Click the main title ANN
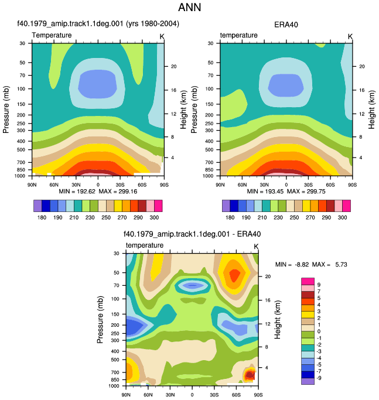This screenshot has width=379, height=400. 189,7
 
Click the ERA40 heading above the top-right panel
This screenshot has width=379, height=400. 286,25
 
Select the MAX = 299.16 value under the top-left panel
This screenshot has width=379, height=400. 118,192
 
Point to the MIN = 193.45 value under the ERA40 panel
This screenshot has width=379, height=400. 265,192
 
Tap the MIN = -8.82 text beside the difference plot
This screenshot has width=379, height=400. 292,265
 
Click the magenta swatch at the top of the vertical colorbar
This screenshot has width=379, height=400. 308,281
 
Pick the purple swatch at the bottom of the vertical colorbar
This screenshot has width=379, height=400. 308,381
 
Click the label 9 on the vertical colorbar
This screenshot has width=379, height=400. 319,285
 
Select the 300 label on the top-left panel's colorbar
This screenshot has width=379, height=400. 154,217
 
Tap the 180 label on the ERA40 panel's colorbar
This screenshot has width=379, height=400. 230,217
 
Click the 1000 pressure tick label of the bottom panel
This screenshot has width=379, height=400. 114,386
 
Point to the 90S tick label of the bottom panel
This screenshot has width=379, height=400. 258,395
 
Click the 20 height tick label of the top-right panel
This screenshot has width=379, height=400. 362,66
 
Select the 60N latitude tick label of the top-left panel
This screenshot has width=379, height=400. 54,184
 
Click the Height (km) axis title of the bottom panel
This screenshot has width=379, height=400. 278,320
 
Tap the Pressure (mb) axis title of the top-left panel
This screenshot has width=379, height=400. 6,110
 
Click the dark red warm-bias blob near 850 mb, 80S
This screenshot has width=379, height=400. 250,375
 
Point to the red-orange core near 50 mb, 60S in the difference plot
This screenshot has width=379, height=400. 234,275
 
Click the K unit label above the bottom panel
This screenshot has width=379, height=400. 256,247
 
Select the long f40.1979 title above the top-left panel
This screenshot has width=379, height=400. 98,24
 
